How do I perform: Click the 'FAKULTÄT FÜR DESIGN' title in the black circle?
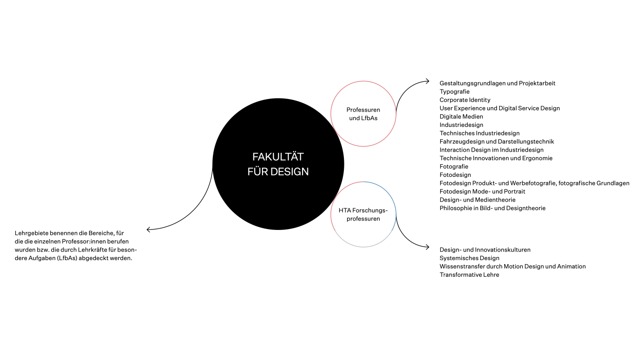278,164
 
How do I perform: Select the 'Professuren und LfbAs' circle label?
363,114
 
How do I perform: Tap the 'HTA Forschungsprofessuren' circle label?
363,215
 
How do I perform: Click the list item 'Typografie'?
455,91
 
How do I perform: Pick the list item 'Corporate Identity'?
465,100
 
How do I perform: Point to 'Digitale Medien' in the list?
461,117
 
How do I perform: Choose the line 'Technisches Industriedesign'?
479,133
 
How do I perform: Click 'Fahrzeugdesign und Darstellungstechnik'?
497,141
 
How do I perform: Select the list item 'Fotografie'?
454,166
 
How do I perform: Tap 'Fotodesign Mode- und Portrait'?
482,191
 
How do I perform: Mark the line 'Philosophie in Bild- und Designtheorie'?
492,208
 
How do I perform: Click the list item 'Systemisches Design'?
469,258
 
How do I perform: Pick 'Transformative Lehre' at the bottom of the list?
469,274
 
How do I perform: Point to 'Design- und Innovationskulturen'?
485,250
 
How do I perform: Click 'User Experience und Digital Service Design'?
500,108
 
